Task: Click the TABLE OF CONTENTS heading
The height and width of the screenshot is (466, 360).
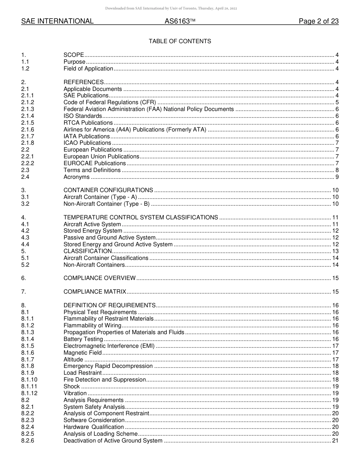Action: click(180, 41)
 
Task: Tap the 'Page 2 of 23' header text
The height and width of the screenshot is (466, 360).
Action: click(318, 22)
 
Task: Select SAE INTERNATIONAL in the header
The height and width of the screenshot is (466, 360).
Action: click(57, 22)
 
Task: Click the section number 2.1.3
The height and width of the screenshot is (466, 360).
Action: click(28, 109)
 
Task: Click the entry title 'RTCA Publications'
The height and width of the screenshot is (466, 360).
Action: click(88, 123)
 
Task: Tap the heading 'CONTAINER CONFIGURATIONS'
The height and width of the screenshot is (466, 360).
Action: click(108, 190)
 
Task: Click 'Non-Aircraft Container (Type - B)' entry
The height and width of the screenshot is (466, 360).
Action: click(106, 204)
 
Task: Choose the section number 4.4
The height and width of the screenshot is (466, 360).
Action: click(25, 244)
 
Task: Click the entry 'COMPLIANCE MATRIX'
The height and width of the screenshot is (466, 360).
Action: click(95, 292)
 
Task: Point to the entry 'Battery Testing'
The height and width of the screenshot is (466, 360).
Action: click(83, 339)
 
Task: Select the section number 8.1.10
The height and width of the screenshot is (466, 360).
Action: click(29, 380)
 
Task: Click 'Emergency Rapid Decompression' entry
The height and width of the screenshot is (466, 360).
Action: click(108, 366)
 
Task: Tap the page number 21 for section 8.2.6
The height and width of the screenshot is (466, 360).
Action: click(335, 441)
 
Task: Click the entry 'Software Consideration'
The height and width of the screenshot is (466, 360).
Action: click(94, 420)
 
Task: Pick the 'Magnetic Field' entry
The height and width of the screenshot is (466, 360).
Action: click(83, 353)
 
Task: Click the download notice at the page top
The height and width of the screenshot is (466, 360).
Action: click(171, 8)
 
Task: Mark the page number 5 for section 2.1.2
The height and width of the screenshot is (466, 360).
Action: click(337, 102)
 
